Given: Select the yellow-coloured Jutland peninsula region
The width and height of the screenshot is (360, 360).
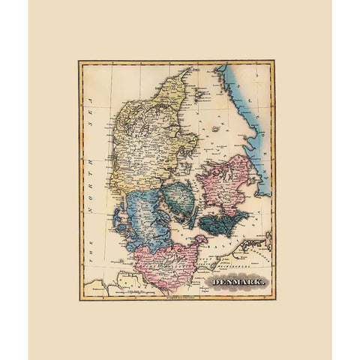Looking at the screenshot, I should tap(150, 142).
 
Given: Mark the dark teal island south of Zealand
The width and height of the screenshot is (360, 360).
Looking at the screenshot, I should tap(225, 222).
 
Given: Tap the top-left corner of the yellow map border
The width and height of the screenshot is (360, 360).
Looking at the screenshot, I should tap(79, 61).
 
